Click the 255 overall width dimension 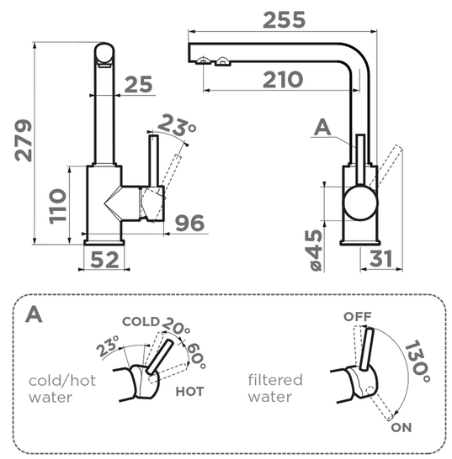284,20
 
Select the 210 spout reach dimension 283,80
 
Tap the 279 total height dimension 24,140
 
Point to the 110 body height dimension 58,207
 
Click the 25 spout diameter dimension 139,84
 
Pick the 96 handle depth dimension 189,223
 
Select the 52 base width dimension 104,260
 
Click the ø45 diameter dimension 316,251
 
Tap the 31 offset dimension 380,258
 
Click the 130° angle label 417,361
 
